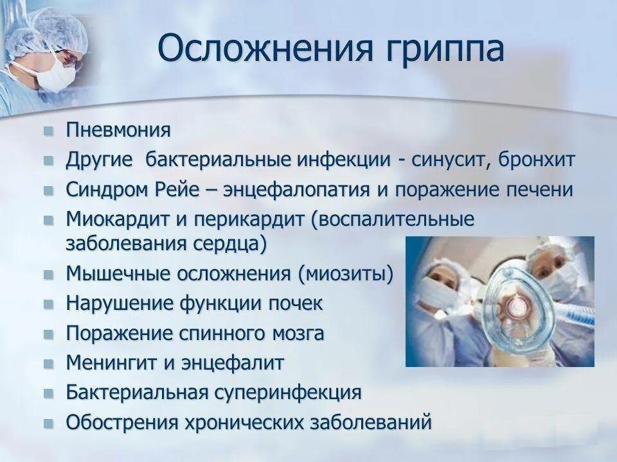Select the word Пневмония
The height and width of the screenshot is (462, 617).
tap(118, 131)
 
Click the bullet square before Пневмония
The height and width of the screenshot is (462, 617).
tap(49, 131)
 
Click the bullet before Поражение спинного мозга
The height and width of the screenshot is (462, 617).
tap(49, 334)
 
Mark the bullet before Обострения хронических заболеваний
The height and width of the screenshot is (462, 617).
tap(49, 422)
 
